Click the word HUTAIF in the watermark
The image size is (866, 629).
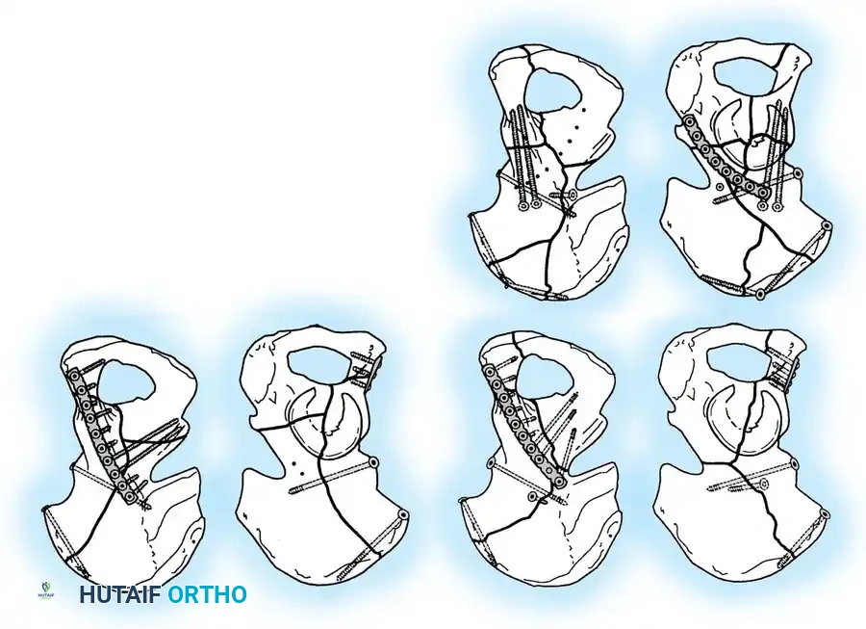[x=120, y=594]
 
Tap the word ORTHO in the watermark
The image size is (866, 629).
[x=207, y=594]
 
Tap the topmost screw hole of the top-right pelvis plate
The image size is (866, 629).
[x=693, y=122]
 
